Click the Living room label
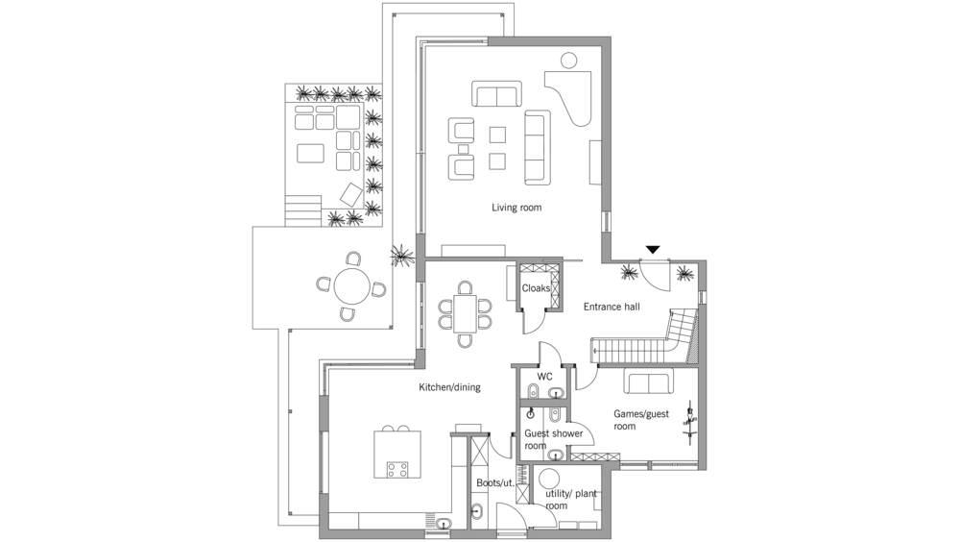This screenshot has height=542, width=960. (x=516, y=208)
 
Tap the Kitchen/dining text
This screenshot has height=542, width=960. (x=449, y=387)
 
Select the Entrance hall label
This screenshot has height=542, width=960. (x=612, y=307)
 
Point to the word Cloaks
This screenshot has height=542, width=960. (x=536, y=288)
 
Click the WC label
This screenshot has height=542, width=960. (x=545, y=377)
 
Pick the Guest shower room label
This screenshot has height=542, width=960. (x=553, y=439)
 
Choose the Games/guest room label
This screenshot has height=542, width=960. (x=641, y=420)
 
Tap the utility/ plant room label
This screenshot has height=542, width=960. (x=570, y=500)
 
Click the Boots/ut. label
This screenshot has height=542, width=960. (x=495, y=483)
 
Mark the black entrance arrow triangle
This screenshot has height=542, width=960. (x=653, y=249)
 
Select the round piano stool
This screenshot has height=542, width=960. (x=568, y=61)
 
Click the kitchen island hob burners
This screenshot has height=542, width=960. (x=397, y=470)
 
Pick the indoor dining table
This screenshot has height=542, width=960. (x=466, y=313)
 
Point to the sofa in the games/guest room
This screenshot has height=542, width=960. (x=648, y=381)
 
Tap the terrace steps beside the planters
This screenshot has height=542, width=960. (x=303, y=210)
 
